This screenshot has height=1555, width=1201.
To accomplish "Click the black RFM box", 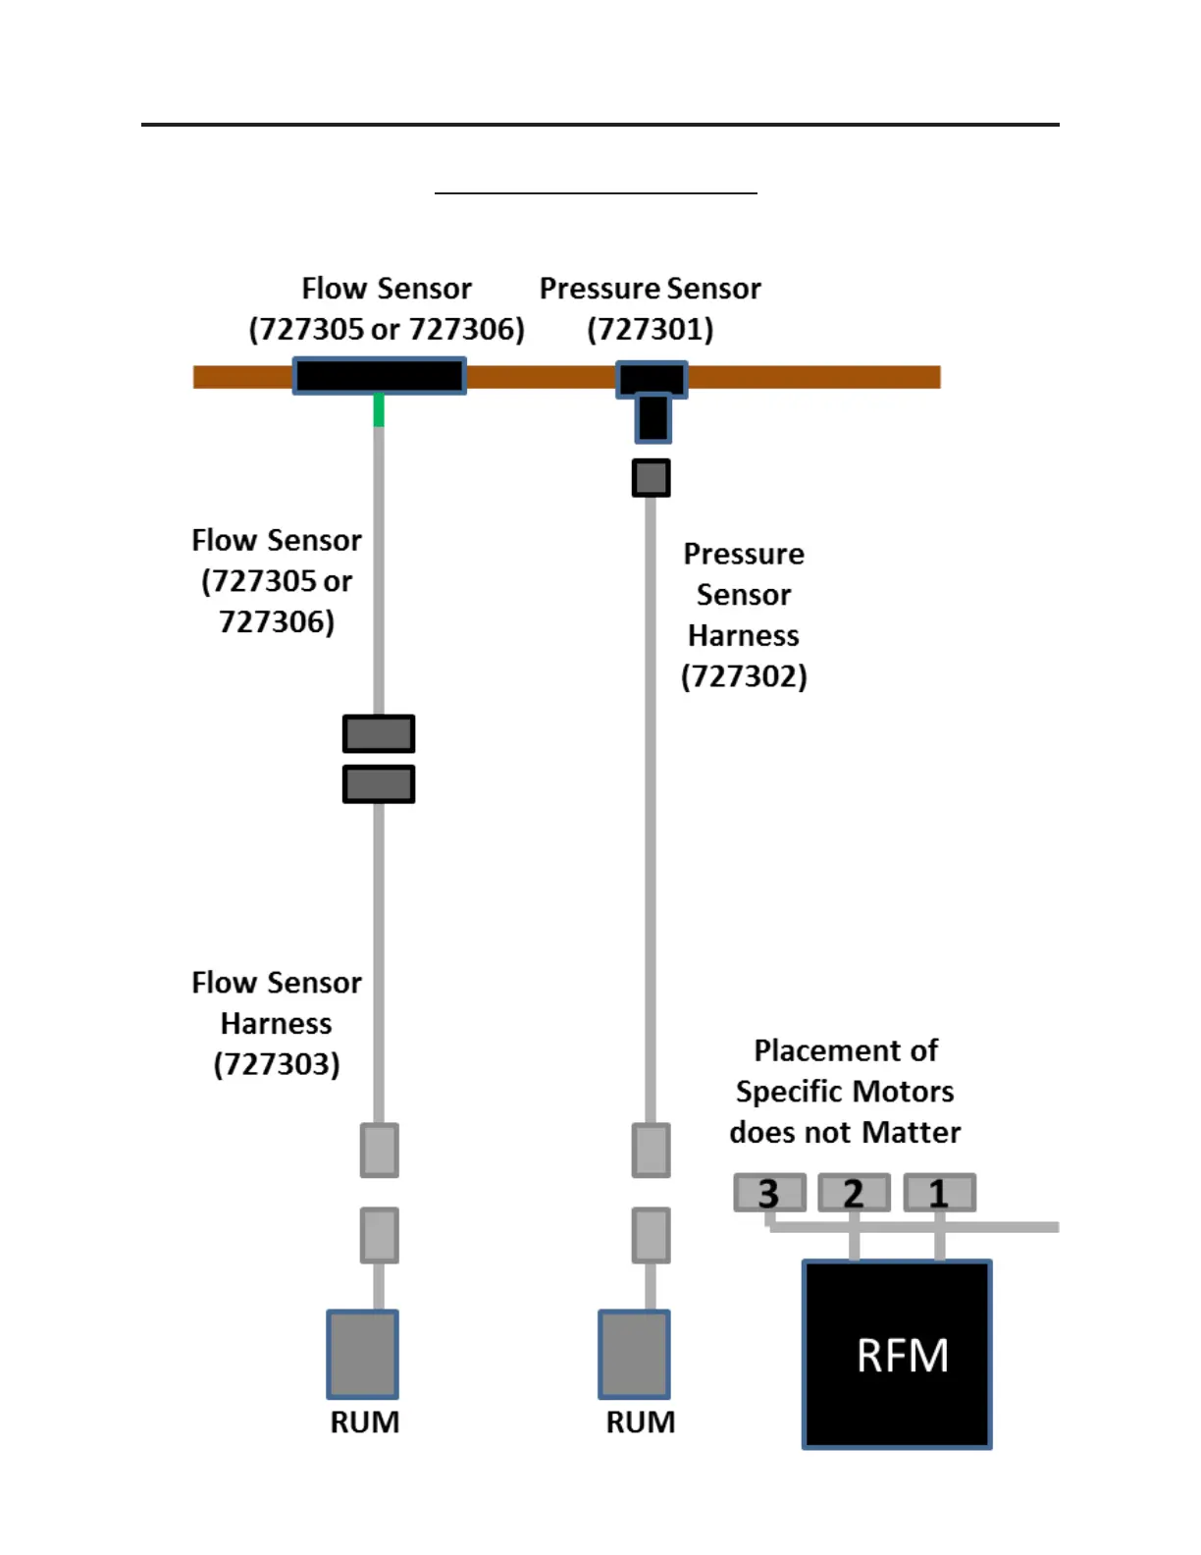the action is [x=896, y=1354].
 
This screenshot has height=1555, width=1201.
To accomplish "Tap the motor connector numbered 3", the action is [x=769, y=1192].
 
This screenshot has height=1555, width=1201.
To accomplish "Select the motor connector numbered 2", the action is [x=854, y=1192].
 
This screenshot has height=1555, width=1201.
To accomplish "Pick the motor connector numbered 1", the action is [x=939, y=1192].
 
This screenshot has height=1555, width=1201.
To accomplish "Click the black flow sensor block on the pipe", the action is [x=379, y=376].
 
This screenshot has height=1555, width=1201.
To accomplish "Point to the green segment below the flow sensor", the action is [x=379, y=410].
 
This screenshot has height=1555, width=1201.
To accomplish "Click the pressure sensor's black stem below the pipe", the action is [x=653, y=418].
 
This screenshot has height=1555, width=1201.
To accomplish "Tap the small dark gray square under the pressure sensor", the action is [x=651, y=477].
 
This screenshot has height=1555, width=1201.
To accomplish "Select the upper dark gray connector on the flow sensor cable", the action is [x=379, y=733].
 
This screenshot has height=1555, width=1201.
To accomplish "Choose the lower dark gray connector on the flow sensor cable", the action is [x=379, y=784].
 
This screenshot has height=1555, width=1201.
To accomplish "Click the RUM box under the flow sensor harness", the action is [x=363, y=1354].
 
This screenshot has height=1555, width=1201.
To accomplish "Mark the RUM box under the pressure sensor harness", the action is [x=634, y=1354].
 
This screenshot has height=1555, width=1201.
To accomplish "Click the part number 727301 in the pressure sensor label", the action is [x=651, y=329].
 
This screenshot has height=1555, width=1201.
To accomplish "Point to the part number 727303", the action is [x=276, y=1064].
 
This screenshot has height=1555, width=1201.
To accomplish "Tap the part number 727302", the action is [x=744, y=676].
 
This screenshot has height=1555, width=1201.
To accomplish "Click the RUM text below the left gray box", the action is [x=364, y=1421].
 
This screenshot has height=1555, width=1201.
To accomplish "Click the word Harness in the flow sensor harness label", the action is [x=276, y=1023].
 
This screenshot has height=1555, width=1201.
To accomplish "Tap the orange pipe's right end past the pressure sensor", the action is [x=940, y=377].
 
